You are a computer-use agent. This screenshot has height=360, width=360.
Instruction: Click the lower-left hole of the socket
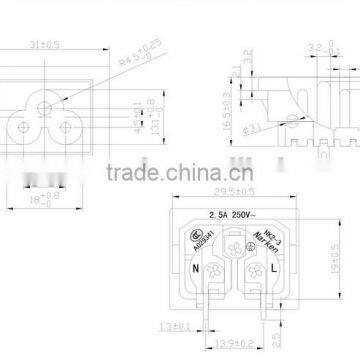coord(22,127)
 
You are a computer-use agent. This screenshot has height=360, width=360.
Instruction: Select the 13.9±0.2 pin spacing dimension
coord(244,344)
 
